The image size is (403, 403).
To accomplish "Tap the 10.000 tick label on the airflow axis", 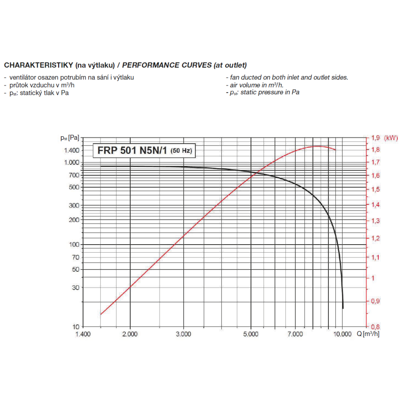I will [x=342, y=334].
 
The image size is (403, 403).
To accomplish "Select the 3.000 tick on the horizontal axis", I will [x=183, y=334].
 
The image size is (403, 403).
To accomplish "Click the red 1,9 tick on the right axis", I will [x=375, y=138].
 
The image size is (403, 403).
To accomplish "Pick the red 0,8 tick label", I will [x=375, y=326].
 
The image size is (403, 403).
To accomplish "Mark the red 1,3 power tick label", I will [x=375, y=221].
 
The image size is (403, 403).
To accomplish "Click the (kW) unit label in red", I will [x=391, y=138].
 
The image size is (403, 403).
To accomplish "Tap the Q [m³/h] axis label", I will [x=368, y=334].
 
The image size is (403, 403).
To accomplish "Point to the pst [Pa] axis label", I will [x=69, y=138].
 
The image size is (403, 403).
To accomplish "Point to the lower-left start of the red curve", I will [x=100, y=314].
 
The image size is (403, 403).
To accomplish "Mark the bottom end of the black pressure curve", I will [x=343, y=308].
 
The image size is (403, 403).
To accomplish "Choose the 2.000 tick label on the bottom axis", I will [x=130, y=334].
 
